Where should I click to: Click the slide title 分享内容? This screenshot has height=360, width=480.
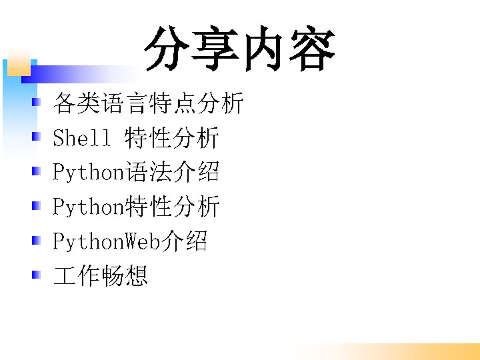point(240,49)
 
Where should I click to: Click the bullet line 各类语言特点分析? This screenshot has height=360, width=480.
point(148,103)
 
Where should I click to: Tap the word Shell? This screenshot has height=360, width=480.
point(81,137)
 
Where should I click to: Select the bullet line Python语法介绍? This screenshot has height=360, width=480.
point(136,172)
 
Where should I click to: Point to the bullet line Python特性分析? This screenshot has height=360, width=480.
point(136,206)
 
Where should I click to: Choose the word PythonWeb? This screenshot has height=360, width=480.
point(107,241)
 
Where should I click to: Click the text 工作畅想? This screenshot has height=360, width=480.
point(101,275)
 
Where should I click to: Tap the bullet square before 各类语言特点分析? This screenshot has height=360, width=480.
point(37,102)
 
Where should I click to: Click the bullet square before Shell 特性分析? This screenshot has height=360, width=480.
point(37,136)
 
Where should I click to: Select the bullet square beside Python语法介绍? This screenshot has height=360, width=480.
point(37,171)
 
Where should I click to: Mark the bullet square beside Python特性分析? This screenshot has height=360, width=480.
point(37,206)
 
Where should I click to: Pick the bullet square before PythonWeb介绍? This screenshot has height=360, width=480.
point(37,240)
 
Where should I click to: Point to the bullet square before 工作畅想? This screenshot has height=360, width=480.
point(37,275)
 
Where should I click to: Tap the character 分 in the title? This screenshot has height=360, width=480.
point(167,49)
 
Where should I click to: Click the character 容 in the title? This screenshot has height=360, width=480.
point(312,49)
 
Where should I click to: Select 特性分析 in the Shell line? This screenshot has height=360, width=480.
point(172,137)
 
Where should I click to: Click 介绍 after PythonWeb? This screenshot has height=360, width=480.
point(184,241)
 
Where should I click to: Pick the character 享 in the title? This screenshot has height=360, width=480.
point(215,49)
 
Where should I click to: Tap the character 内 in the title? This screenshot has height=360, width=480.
point(263,49)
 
